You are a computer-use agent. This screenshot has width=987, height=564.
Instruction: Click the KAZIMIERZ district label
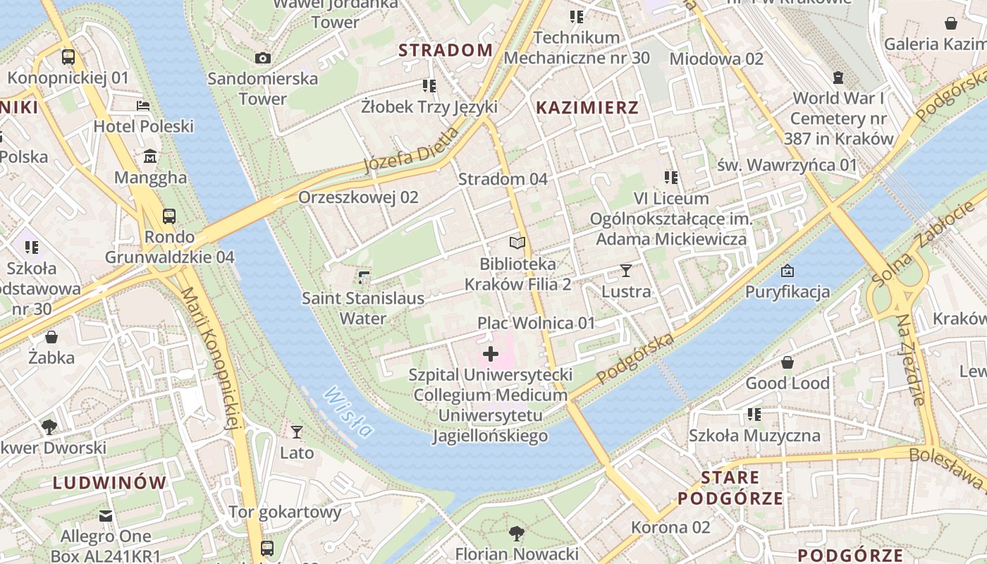[587, 108]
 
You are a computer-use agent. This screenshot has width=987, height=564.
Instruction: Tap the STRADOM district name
[446, 50]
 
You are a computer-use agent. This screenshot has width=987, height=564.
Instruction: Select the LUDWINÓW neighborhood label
[109, 483]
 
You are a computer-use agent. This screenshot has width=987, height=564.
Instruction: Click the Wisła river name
[348, 412]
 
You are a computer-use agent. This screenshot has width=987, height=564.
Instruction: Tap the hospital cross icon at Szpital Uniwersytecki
[491, 354]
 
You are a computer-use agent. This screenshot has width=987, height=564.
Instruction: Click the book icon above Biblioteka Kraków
[517, 243]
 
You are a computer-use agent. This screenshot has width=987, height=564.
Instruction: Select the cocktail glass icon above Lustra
[625, 271]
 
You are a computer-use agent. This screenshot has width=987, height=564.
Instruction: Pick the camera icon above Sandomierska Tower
[263, 58]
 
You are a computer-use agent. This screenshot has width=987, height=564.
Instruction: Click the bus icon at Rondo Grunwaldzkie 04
[169, 216]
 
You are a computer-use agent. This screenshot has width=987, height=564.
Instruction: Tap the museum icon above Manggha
[150, 157]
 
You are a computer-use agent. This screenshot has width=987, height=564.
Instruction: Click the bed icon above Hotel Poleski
[143, 106]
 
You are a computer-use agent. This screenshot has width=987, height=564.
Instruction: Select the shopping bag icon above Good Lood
[787, 362]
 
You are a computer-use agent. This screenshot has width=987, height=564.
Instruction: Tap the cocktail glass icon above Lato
[297, 431]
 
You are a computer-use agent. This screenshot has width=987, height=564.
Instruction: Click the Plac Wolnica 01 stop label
[537, 323]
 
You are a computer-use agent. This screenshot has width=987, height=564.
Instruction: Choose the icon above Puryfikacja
[787, 271]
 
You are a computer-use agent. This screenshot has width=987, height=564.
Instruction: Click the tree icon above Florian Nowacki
[517, 533]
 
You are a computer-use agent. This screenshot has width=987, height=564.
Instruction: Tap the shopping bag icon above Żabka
[51, 337]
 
